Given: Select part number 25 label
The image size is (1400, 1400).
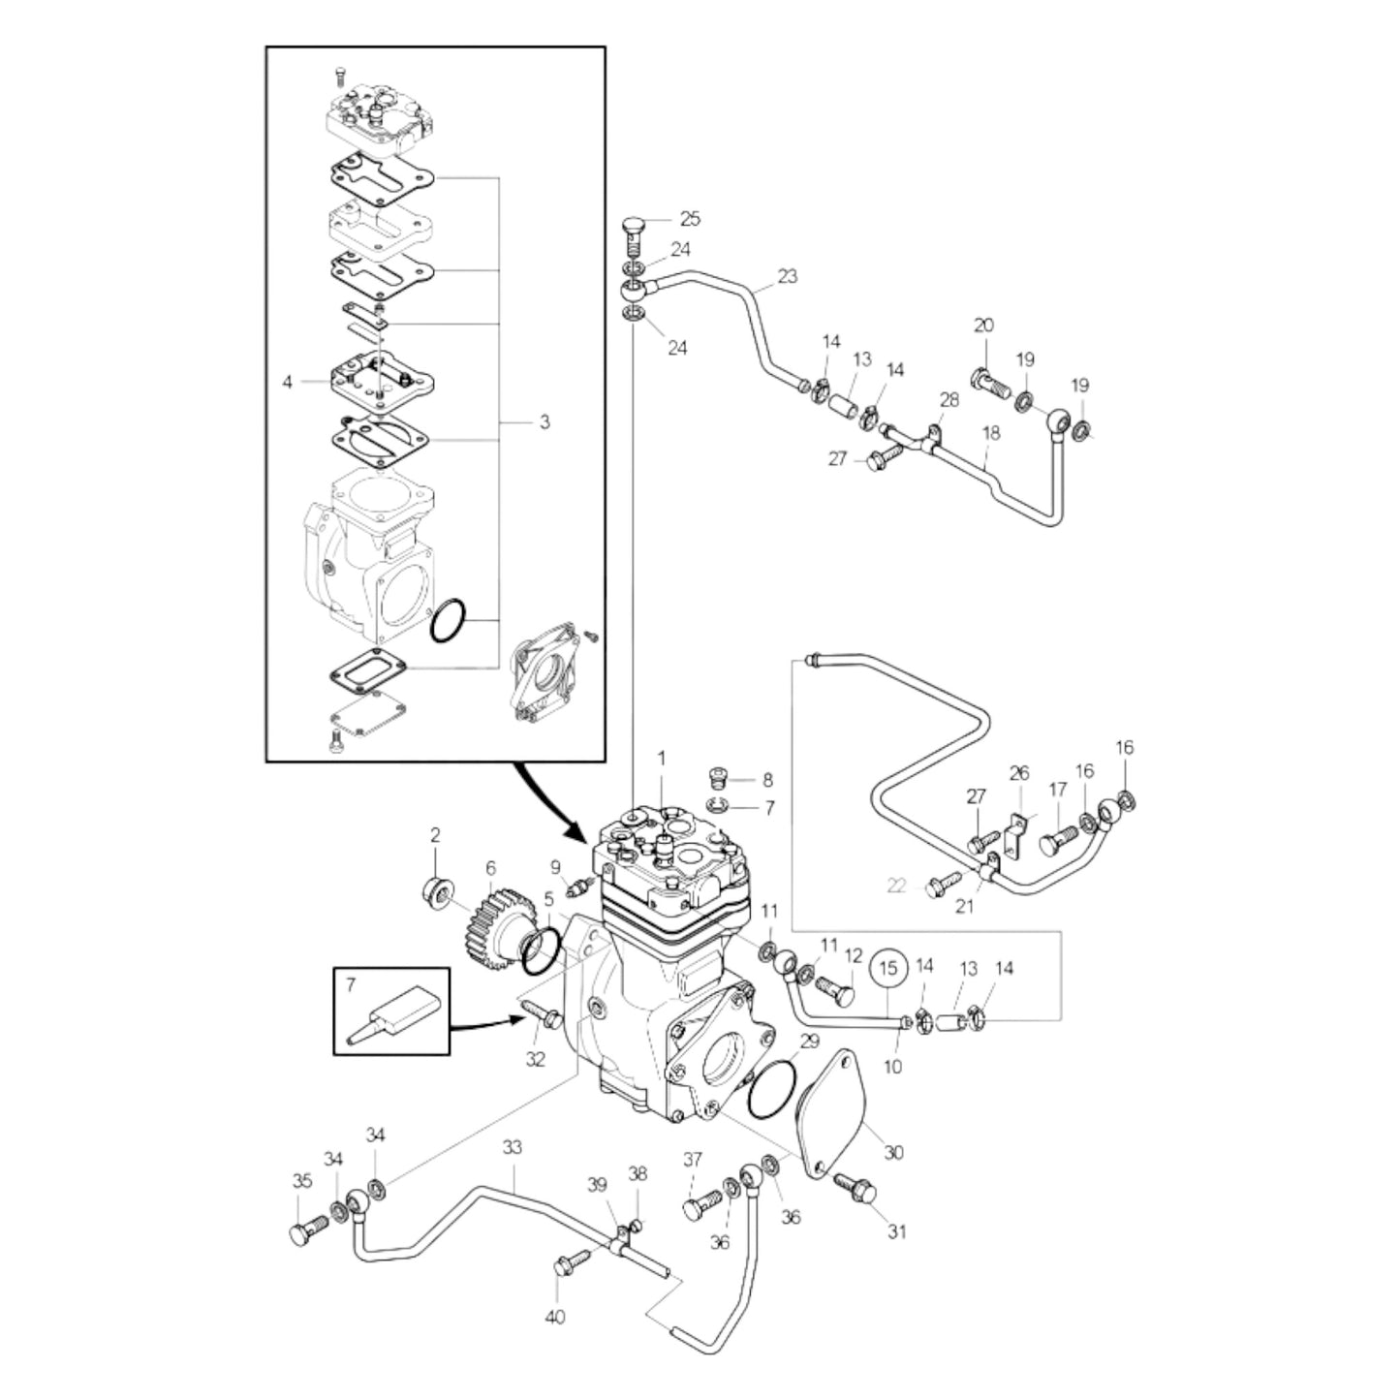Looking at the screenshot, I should click(689, 219).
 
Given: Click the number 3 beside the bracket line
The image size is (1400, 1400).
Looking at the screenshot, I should click(544, 421).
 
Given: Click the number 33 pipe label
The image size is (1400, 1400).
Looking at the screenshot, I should click(512, 1147).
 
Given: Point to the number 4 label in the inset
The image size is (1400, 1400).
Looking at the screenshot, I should click(287, 382).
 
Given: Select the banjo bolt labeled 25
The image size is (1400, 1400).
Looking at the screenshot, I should click(631, 233).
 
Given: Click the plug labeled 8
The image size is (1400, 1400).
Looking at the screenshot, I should click(719, 780).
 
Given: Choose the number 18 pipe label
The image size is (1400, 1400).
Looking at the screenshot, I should click(990, 433).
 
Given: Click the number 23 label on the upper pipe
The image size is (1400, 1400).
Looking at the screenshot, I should click(787, 276).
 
